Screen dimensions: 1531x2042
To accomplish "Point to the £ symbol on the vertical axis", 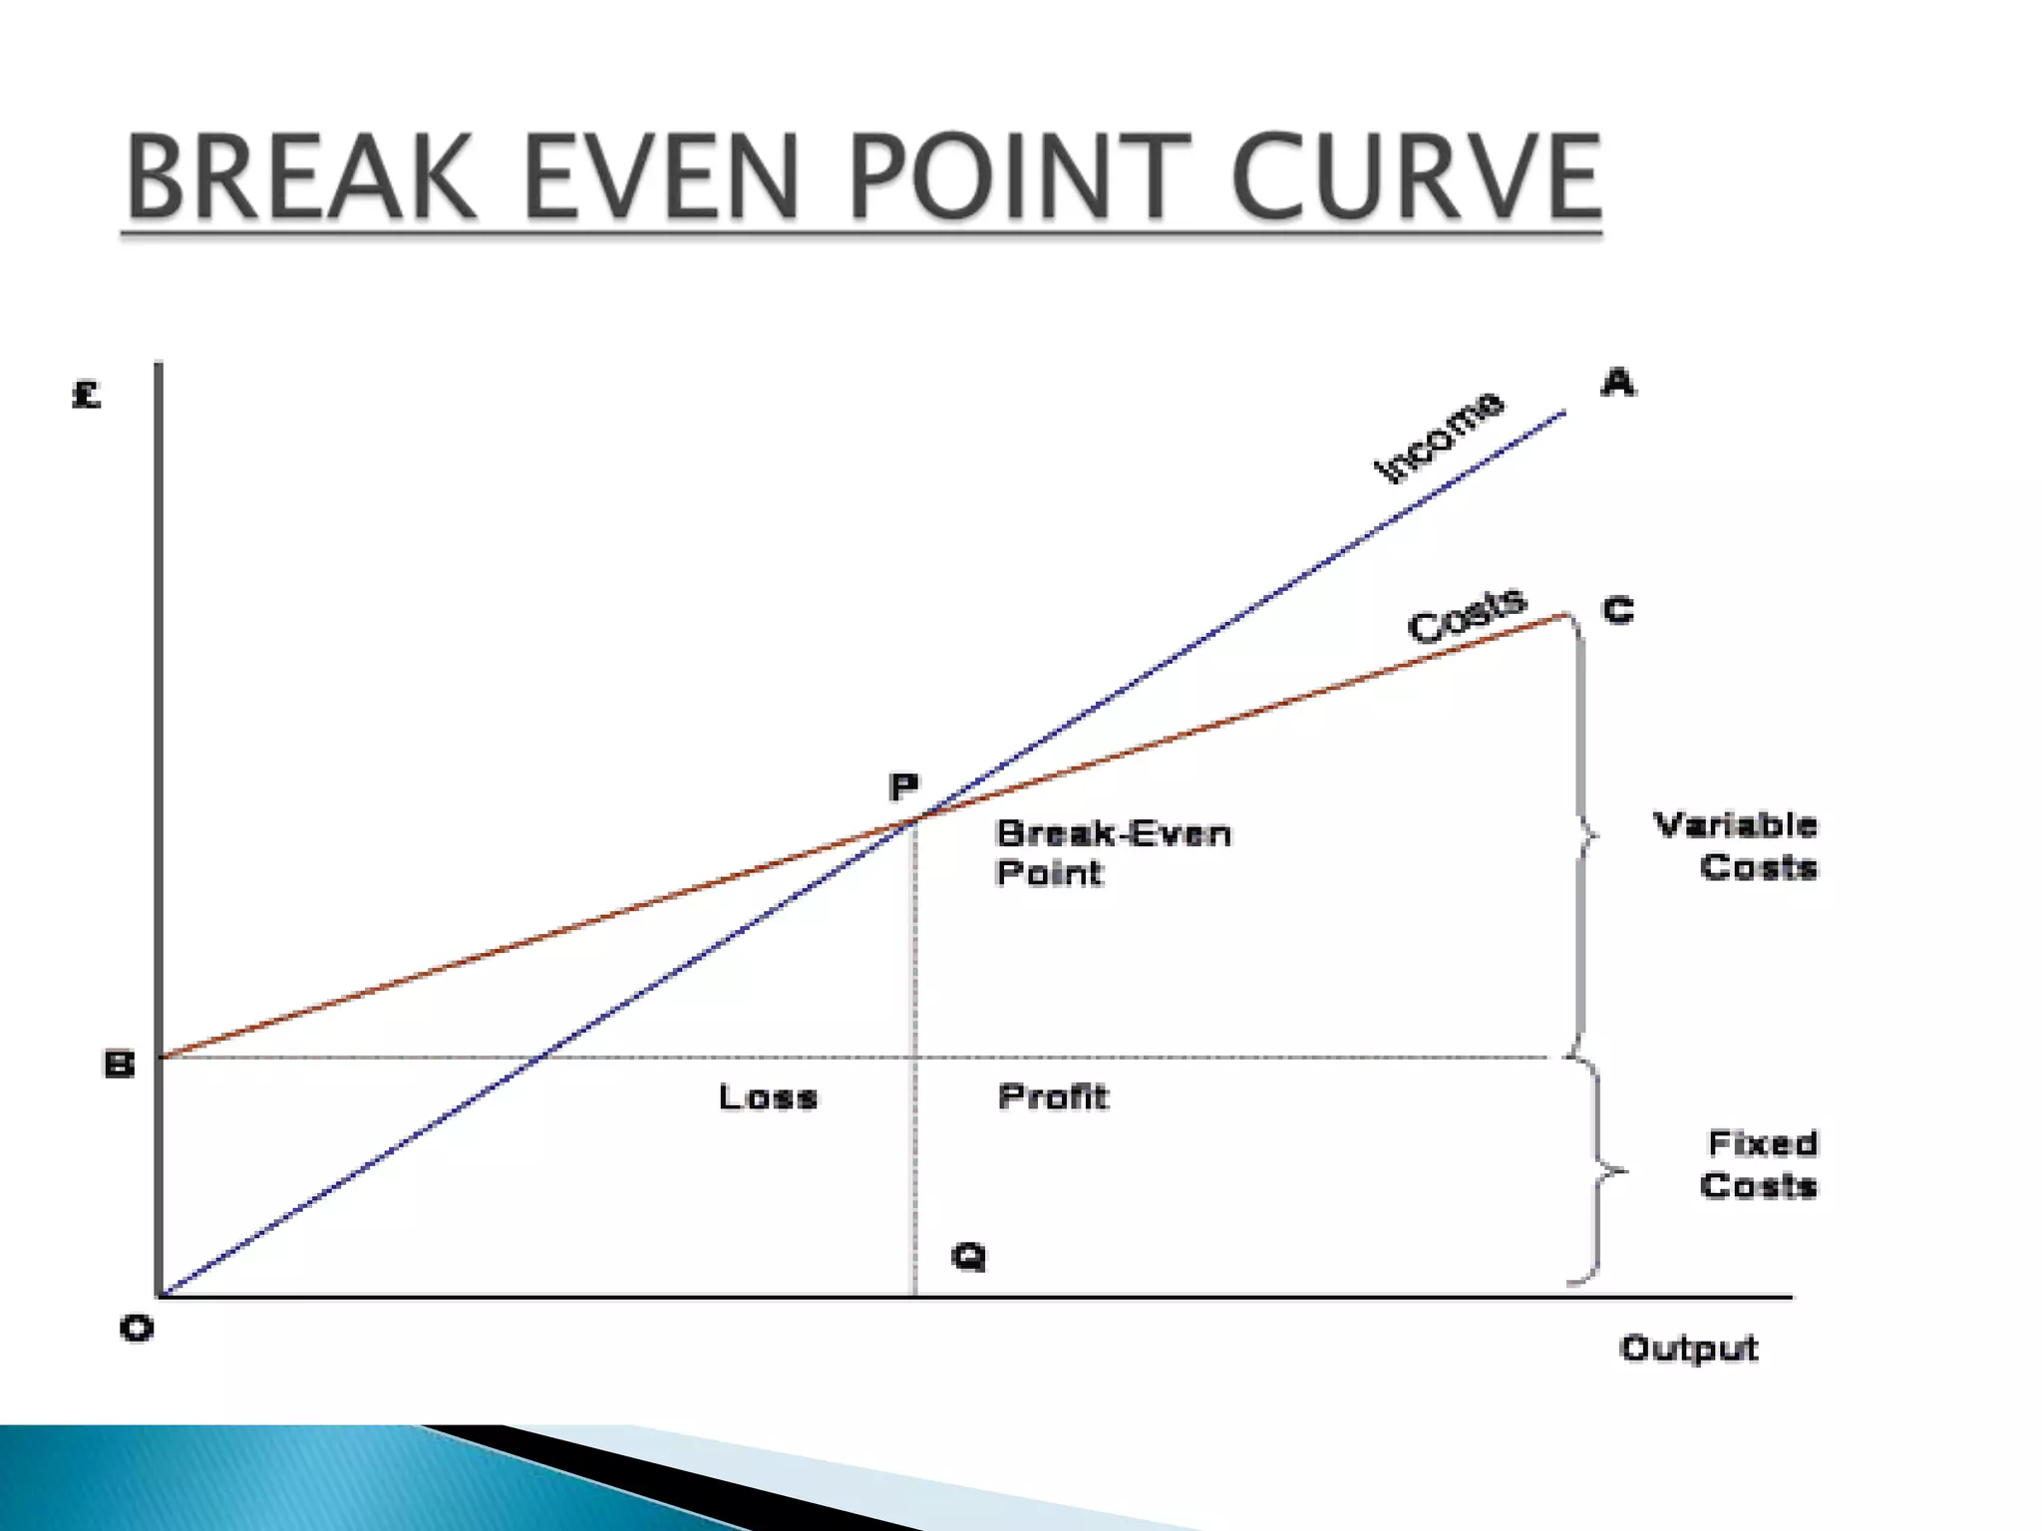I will click(x=87, y=396).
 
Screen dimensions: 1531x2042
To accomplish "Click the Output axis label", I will click(x=1688, y=1349).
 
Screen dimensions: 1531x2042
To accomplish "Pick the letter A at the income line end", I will click(x=1617, y=383).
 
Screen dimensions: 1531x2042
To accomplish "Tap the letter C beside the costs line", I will click(x=1618, y=610).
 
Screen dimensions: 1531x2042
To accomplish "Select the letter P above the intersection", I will click(x=903, y=787).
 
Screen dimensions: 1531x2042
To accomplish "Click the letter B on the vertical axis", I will click(x=119, y=1065).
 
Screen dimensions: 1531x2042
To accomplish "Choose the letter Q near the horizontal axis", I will click(x=968, y=1256).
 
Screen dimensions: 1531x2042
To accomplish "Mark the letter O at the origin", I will click(x=137, y=1329).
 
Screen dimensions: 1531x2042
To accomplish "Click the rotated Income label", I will click(x=1438, y=437).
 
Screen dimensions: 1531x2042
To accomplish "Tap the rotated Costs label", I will click(x=1466, y=615).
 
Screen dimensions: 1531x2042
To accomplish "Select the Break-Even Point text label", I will click(x=1113, y=853).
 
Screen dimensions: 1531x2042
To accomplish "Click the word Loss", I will click(x=768, y=1097).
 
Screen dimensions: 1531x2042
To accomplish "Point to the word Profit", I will click(x=1053, y=1097).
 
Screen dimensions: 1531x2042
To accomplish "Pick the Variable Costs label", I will click(x=1736, y=846).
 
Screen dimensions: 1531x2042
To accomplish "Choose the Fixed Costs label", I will click(x=1760, y=1164).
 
